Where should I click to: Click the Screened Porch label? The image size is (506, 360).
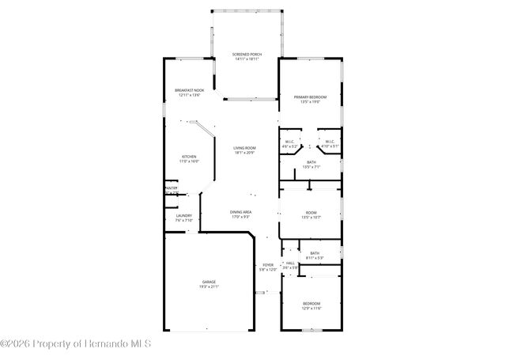tap(247, 54)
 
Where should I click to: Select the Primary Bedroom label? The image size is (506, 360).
tap(311, 97)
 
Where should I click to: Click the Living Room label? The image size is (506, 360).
tap(244, 148)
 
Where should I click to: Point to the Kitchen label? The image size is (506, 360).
tap(190, 157)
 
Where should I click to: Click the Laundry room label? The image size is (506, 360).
tap(183, 216)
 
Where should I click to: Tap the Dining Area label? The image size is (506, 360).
tap(241, 212)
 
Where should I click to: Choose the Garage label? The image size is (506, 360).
tap(209, 282)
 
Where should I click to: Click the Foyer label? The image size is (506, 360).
tap(268, 265)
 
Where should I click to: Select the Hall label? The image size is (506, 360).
tap(290, 263)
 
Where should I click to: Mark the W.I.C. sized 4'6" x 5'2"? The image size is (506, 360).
tap(290, 142)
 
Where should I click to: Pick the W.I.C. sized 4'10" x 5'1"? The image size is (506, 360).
tap(330, 142)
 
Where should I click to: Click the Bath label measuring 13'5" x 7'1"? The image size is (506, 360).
tap(311, 162)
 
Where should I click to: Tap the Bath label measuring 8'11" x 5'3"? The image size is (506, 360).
tap(315, 253)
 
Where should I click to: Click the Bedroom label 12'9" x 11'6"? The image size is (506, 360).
tap(312, 304)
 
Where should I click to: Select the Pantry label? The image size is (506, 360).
tap(170, 188)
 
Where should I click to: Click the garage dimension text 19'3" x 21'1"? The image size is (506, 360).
tap(209, 287)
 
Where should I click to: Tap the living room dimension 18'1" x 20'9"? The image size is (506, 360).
tap(244, 153)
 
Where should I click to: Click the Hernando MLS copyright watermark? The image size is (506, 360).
tap(76, 343)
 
